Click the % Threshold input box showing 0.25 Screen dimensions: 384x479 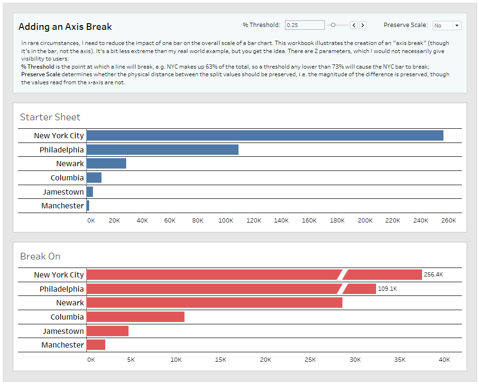304,25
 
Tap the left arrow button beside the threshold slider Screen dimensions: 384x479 353,25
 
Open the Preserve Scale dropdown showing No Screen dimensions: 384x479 447,26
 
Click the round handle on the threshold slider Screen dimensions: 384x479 333,25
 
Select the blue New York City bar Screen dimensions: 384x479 265,135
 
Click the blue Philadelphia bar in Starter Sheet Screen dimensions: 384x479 162,150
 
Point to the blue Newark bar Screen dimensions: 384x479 106,163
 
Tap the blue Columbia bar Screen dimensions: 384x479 94,178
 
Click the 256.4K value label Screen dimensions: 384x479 433,275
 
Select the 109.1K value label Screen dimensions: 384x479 387,289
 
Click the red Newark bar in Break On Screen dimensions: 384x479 214,303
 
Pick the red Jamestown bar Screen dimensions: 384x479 107,331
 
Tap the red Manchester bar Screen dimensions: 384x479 96,345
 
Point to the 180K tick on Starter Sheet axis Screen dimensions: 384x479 337,221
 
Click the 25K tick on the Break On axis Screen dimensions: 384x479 310,360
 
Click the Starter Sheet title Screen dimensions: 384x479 50,117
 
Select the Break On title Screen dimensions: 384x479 40,256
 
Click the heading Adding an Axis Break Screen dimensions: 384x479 65,27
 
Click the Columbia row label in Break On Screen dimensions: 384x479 67,317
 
